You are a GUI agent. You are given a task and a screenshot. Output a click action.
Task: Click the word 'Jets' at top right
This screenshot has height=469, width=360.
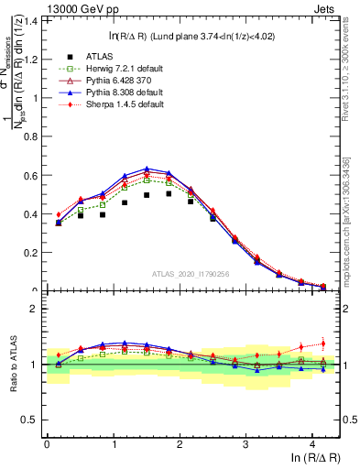[324, 7]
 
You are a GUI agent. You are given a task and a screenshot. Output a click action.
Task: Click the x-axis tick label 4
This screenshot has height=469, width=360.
[312, 443]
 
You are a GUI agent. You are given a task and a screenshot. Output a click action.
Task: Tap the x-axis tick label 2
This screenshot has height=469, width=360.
[180, 443]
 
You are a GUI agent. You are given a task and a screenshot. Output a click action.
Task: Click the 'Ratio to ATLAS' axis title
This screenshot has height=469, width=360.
[12, 365]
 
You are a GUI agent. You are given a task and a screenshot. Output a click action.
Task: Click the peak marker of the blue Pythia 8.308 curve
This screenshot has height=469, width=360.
[147, 169]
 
